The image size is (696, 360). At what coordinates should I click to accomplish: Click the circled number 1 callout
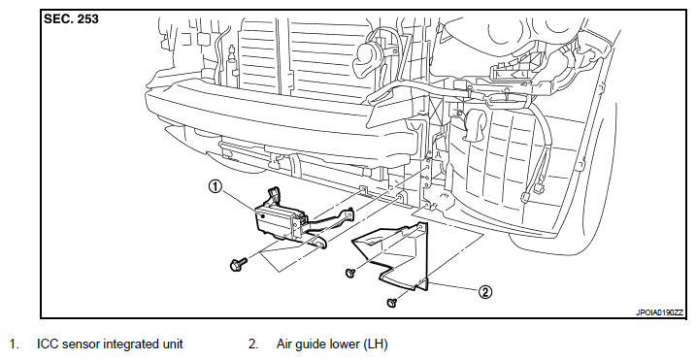click(215, 187)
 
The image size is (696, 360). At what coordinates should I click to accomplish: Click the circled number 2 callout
click(485, 292)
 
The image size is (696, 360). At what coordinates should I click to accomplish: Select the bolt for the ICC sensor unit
click(238, 264)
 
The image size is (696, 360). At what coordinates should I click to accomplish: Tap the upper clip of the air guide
click(349, 273)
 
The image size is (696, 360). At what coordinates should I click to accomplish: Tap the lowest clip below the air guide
click(392, 303)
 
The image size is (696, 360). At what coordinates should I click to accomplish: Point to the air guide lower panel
click(391, 257)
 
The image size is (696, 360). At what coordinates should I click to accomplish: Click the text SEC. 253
click(71, 19)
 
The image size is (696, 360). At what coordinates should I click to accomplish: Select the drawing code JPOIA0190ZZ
click(660, 312)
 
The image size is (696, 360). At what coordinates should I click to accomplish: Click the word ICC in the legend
click(48, 344)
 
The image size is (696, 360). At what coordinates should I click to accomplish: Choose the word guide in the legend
click(313, 344)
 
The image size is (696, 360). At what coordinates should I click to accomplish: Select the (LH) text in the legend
click(375, 344)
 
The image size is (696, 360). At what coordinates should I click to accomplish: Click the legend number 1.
click(15, 344)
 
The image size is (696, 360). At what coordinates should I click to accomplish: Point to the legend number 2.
click(253, 344)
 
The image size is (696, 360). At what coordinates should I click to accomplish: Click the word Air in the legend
click(285, 344)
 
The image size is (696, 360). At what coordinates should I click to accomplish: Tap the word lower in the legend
click(346, 344)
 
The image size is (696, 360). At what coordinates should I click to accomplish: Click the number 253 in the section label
click(87, 19)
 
